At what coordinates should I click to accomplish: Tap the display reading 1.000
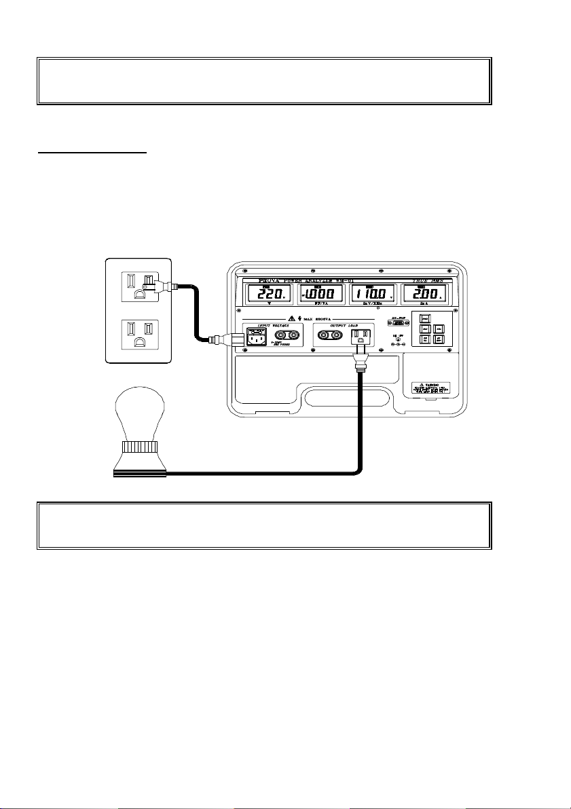(x=323, y=295)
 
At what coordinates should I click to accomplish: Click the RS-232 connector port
(x=399, y=323)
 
